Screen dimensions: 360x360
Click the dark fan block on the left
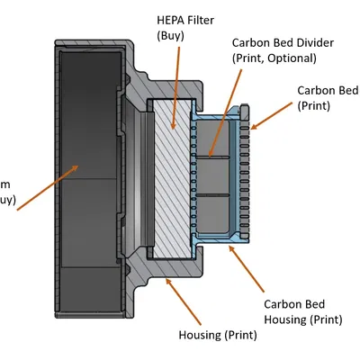click(85, 162)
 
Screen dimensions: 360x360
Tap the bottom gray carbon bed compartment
click(215, 211)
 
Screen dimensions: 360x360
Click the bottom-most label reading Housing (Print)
click(219, 335)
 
